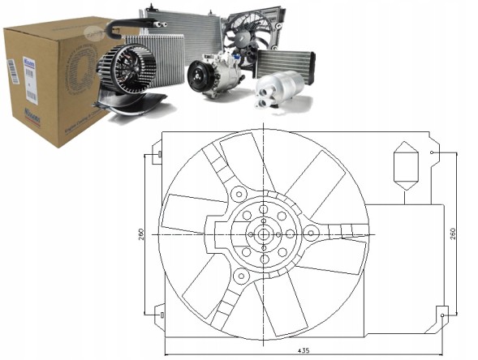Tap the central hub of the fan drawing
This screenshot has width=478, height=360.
coord(265,234)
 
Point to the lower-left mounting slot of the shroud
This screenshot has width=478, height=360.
coord(160,311)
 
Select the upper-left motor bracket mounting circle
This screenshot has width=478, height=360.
coord(238,195)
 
